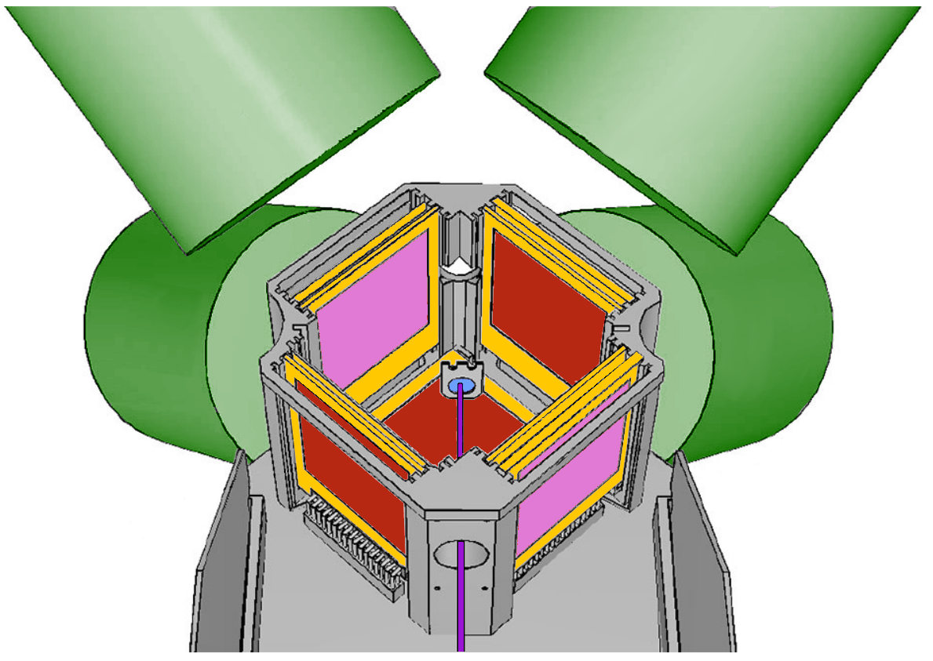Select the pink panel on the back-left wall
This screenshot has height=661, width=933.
373,302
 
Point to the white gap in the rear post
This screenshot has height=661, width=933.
461,263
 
